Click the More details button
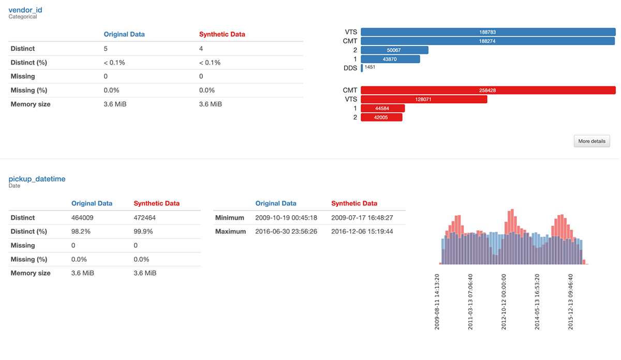pos(592,141)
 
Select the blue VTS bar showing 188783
pos(487,32)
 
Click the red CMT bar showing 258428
pos(487,90)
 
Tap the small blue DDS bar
pos(362,68)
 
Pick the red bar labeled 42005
pos(381,117)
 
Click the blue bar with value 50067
pos(394,50)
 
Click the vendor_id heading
pos(25,9)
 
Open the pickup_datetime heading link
pos(37,179)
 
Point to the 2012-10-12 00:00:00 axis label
pos(504,302)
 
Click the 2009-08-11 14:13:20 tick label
pos(437,302)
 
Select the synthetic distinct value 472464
pos(145,218)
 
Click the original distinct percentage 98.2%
pos(81,232)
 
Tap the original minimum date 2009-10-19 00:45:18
pos(286,218)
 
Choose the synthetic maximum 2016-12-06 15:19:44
pos(362,232)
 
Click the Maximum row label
pos(230,232)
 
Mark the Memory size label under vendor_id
pos(31,104)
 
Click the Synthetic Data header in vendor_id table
pos(222,35)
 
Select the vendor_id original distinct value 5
pos(106,49)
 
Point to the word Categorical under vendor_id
pos(23,17)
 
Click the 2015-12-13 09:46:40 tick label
pos(571,302)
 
